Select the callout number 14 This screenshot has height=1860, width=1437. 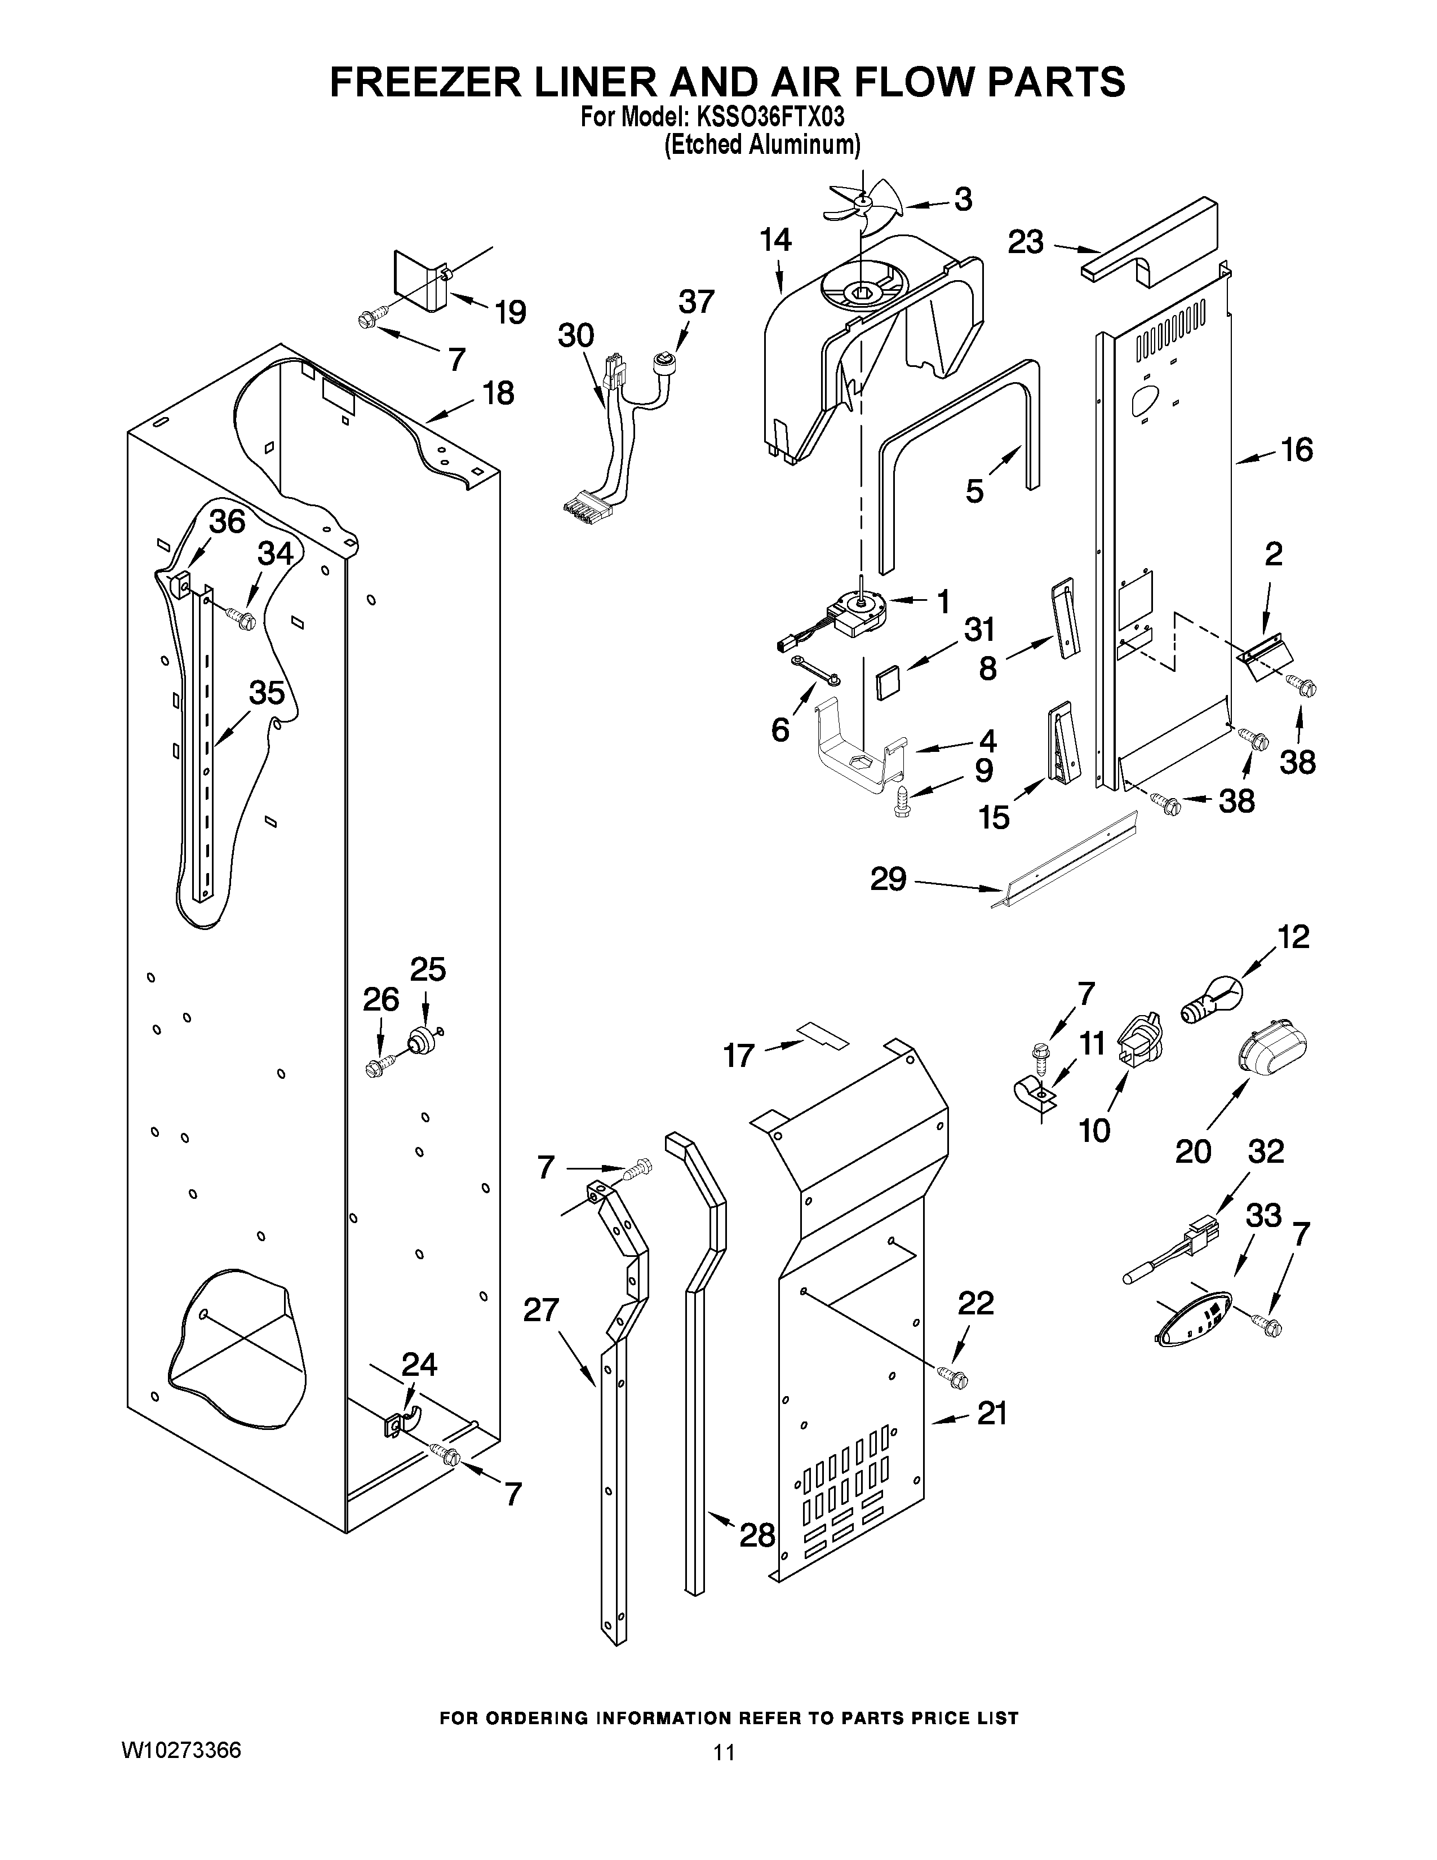(x=775, y=241)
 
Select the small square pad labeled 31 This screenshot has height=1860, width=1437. (x=888, y=681)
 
